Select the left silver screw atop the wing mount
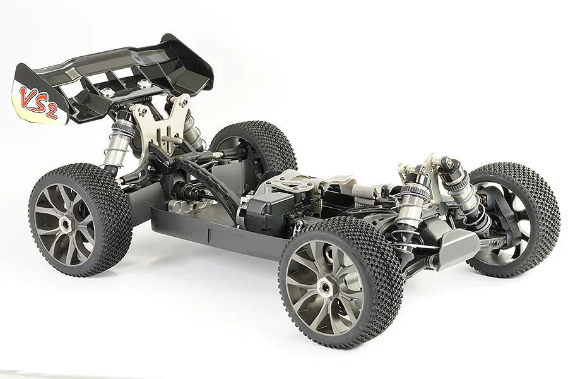point(108,92)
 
